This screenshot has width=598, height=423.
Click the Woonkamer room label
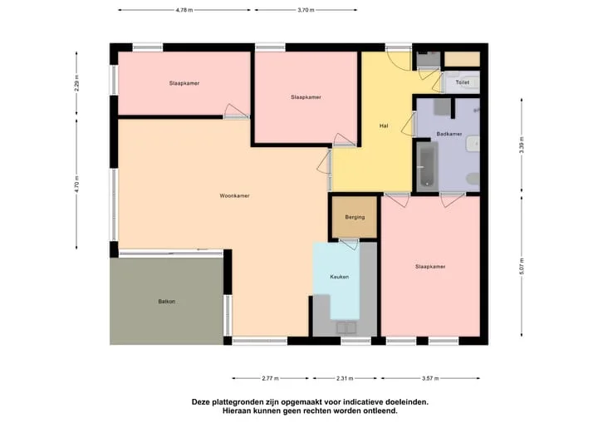234,196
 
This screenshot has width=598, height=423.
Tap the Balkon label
167,302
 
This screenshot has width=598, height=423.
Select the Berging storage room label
355,217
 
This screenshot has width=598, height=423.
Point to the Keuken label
340,277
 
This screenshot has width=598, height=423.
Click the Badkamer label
449,134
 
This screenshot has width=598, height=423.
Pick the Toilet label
463,82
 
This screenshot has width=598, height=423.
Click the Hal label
384,125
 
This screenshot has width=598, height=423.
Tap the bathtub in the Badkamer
426,166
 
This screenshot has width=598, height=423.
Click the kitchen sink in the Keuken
346,327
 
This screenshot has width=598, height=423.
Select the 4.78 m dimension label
184,10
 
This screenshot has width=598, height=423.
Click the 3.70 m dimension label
306,10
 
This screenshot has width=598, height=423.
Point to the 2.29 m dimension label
76,83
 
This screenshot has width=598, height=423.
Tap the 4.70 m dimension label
76,184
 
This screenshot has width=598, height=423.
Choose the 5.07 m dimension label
522,266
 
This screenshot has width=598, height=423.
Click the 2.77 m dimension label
271,378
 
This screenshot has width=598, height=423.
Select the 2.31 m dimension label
345,378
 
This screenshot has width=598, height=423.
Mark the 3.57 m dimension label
430,378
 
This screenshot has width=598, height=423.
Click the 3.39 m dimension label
522,145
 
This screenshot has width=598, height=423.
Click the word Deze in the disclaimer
200,402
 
